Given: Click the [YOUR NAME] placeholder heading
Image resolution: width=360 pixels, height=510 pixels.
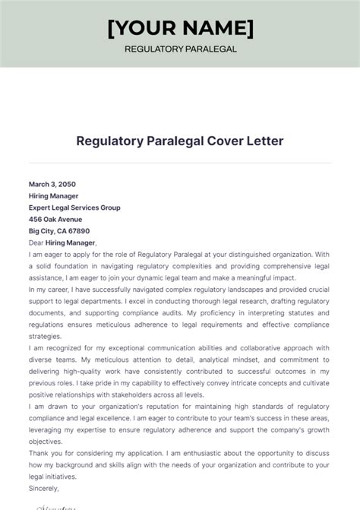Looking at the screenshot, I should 180,29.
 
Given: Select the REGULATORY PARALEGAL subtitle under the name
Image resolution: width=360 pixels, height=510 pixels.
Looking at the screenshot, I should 180,49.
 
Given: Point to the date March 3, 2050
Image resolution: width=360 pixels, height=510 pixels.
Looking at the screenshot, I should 52,184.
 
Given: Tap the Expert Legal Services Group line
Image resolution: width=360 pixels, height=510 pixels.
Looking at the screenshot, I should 74,207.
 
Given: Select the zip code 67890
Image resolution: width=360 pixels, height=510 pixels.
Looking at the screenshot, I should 77,231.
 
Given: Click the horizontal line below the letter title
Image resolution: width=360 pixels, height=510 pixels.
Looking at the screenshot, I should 180,162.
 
